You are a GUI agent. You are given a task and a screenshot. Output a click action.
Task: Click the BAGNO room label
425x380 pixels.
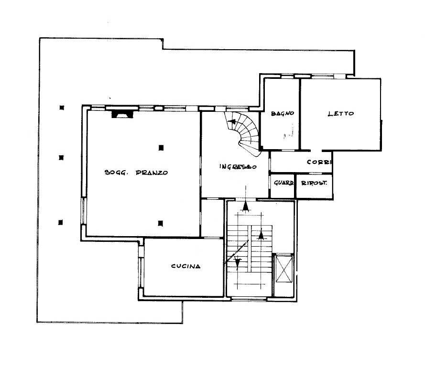283,113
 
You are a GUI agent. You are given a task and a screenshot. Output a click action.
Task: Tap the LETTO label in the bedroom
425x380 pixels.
341,114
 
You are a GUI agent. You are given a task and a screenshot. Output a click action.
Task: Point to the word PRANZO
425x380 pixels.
152,173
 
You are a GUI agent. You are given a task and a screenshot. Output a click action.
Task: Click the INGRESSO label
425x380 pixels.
238,166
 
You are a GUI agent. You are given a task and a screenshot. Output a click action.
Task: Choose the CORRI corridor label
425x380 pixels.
319,162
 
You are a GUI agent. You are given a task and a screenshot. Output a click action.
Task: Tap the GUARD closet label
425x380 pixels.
283,183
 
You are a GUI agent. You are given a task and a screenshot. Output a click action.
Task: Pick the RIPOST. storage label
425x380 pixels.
314,183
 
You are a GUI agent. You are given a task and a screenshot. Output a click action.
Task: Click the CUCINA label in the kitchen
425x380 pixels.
186,266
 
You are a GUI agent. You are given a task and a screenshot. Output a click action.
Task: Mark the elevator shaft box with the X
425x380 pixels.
284,269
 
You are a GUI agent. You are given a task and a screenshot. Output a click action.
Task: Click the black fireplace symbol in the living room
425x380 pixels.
123,114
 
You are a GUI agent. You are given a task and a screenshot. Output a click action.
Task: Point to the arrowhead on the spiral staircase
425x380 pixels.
232,121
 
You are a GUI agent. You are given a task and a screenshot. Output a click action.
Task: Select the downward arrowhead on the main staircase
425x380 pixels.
238,262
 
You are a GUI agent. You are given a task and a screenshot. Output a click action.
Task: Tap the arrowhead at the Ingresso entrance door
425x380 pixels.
246,206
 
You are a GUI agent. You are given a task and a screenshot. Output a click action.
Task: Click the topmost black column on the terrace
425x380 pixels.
62,108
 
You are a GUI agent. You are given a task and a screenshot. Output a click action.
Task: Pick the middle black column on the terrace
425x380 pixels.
61,157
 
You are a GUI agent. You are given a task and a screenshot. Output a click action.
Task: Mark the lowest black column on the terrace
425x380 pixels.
60,222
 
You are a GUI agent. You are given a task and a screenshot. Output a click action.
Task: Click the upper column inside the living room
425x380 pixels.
161,148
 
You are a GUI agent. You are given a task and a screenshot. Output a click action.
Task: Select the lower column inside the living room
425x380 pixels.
161,223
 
